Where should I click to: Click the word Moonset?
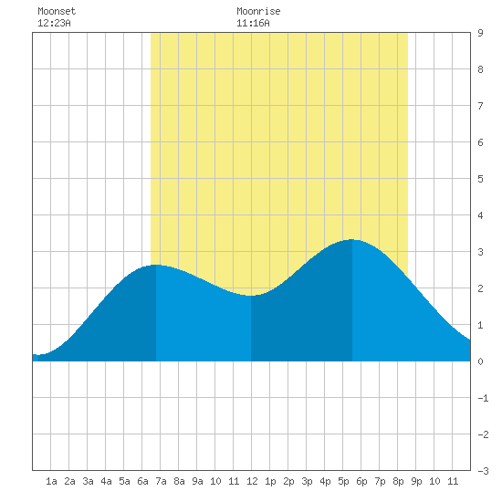(x=57, y=11)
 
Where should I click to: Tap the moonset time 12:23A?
(x=54, y=23)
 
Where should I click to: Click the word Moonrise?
(x=258, y=11)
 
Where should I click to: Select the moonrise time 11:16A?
(x=253, y=23)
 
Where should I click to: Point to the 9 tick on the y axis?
(x=480, y=33)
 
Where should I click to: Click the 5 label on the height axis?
(x=480, y=179)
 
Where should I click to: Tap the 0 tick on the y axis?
(x=480, y=361)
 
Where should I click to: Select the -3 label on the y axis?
(x=483, y=471)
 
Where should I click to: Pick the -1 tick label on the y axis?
(x=483, y=398)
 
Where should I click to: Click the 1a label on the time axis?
(x=51, y=481)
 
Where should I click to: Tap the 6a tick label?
(x=142, y=481)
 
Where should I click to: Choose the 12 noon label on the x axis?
(x=252, y=481)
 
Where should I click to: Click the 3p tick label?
(x=307, y=481)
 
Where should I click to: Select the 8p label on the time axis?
(x=398, y=481)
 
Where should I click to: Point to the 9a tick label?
(x=197, y=481)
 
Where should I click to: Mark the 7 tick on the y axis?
(x=480, y=106)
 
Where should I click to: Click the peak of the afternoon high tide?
(x=351, y=239)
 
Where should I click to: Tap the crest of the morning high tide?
(x=155, y=265)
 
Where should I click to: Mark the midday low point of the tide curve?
(x=251, y=296)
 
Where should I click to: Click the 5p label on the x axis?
(x=343, y=481)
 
